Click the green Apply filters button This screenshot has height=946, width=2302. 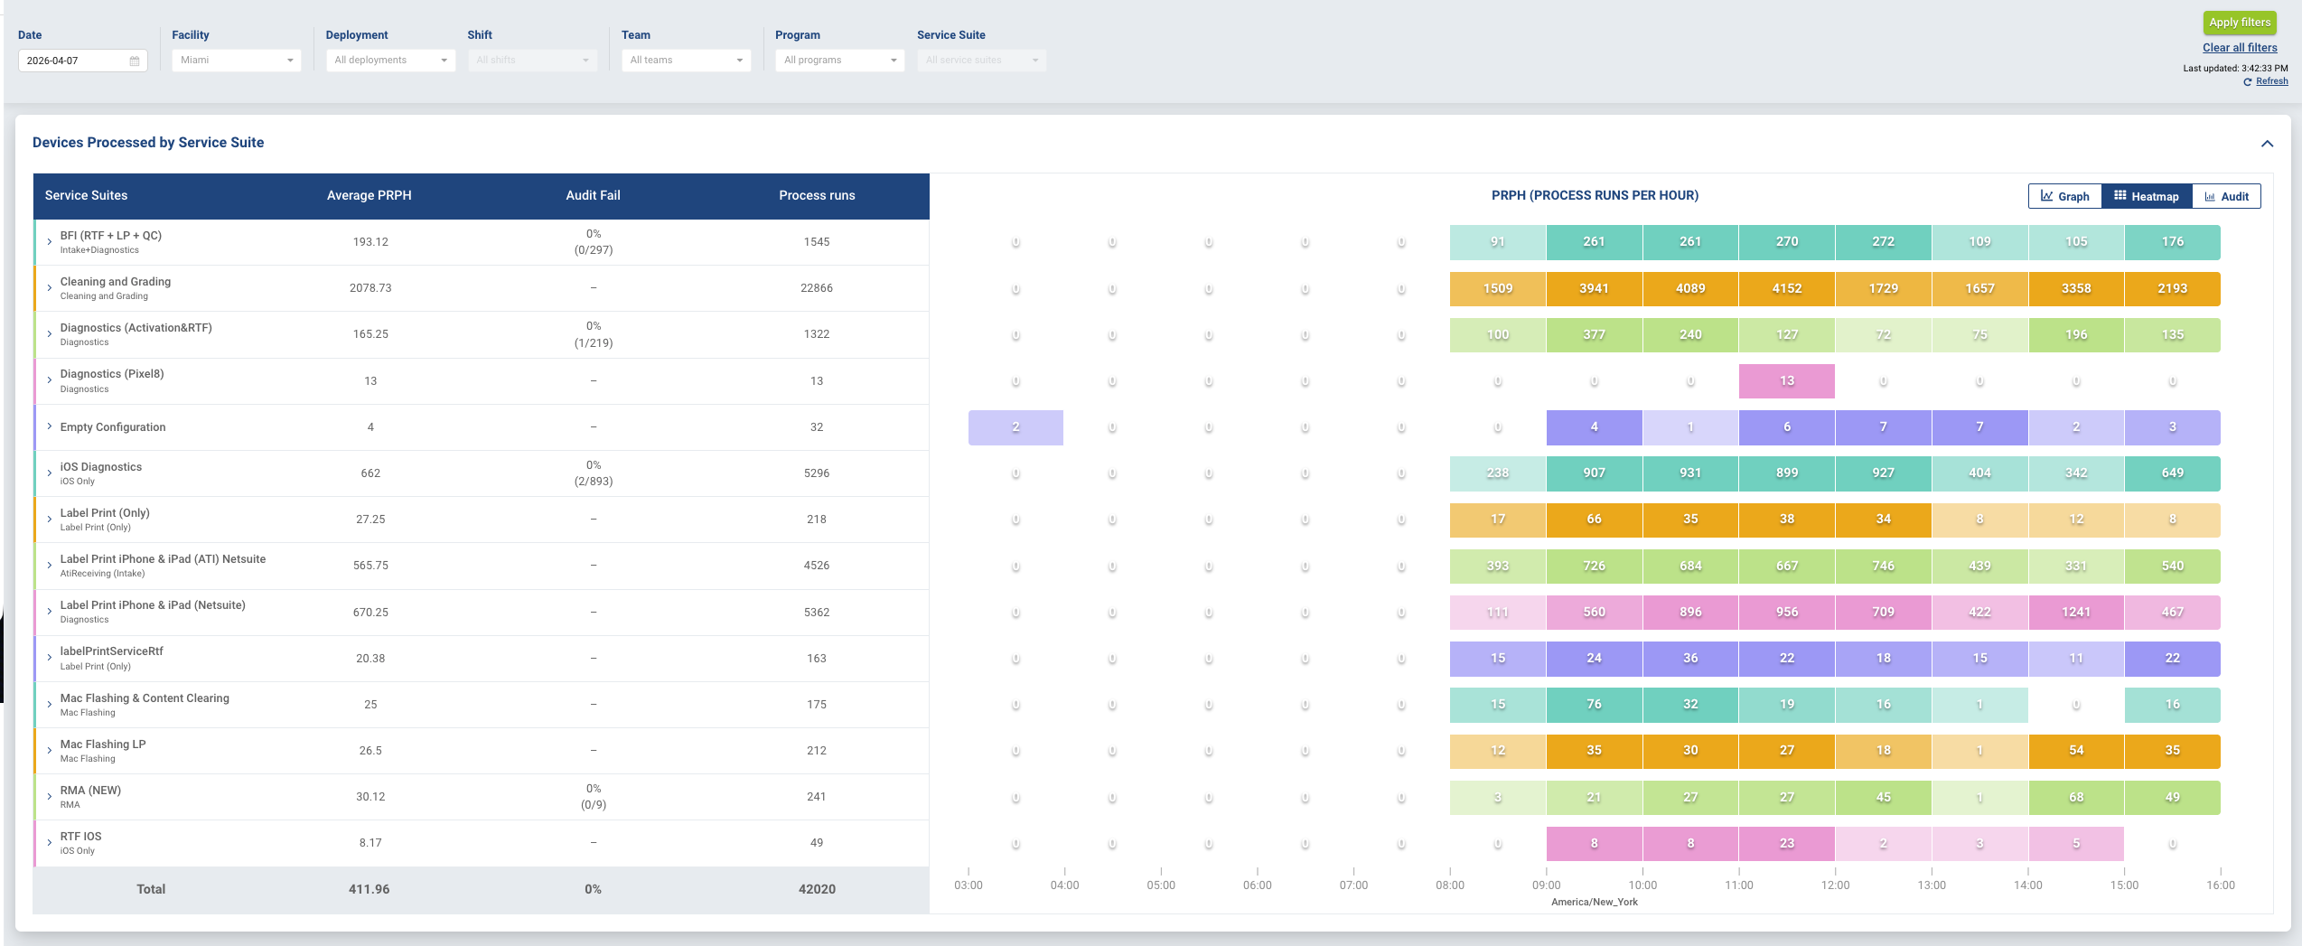point(2239,23)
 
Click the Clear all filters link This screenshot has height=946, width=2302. point(2239,48)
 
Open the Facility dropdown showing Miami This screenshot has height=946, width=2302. point(236,61)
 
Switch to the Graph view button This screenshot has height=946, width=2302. point(2064,196)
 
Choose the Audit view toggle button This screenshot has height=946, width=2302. point(2226,196)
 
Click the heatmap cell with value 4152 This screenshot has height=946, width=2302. point(1786,288)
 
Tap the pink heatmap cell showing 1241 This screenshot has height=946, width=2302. point(2075,612)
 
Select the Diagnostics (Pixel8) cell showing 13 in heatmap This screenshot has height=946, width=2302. point(1786,380)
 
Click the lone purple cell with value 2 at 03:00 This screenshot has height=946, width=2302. point(1015,427)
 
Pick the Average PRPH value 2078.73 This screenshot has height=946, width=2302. point(370,288)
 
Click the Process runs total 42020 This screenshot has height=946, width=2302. point(817,889)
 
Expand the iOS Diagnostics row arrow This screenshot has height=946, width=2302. point(50,473)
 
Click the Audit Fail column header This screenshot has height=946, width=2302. point(593,195)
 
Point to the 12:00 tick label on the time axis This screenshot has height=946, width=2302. point(1835,885)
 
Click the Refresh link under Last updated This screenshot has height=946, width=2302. point(2271,81)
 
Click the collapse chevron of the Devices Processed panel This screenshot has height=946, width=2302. point(2266,144)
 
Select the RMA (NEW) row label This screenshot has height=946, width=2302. point(90,791)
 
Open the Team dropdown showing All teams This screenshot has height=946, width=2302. point(686,61)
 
